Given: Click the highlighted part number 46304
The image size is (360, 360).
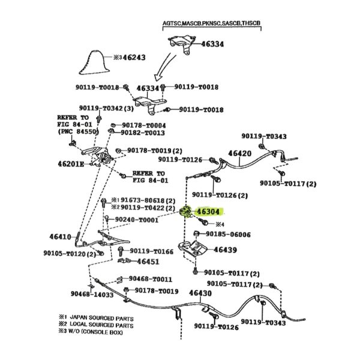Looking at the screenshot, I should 208,212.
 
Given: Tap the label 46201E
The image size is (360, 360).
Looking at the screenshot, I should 71,163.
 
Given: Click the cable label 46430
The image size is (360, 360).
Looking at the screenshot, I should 200,293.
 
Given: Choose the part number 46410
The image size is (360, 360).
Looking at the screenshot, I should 56,236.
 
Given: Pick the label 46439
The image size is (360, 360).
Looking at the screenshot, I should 225,249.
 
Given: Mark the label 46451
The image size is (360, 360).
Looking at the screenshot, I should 148,262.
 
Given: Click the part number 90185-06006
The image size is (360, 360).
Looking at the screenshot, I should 228,234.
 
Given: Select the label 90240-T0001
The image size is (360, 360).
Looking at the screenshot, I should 136,220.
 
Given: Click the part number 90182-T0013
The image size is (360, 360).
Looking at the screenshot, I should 143,133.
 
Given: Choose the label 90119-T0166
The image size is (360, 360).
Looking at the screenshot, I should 152,251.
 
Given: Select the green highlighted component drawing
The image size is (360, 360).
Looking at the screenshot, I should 186,213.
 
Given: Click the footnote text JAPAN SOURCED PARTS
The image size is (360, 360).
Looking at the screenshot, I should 102,317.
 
